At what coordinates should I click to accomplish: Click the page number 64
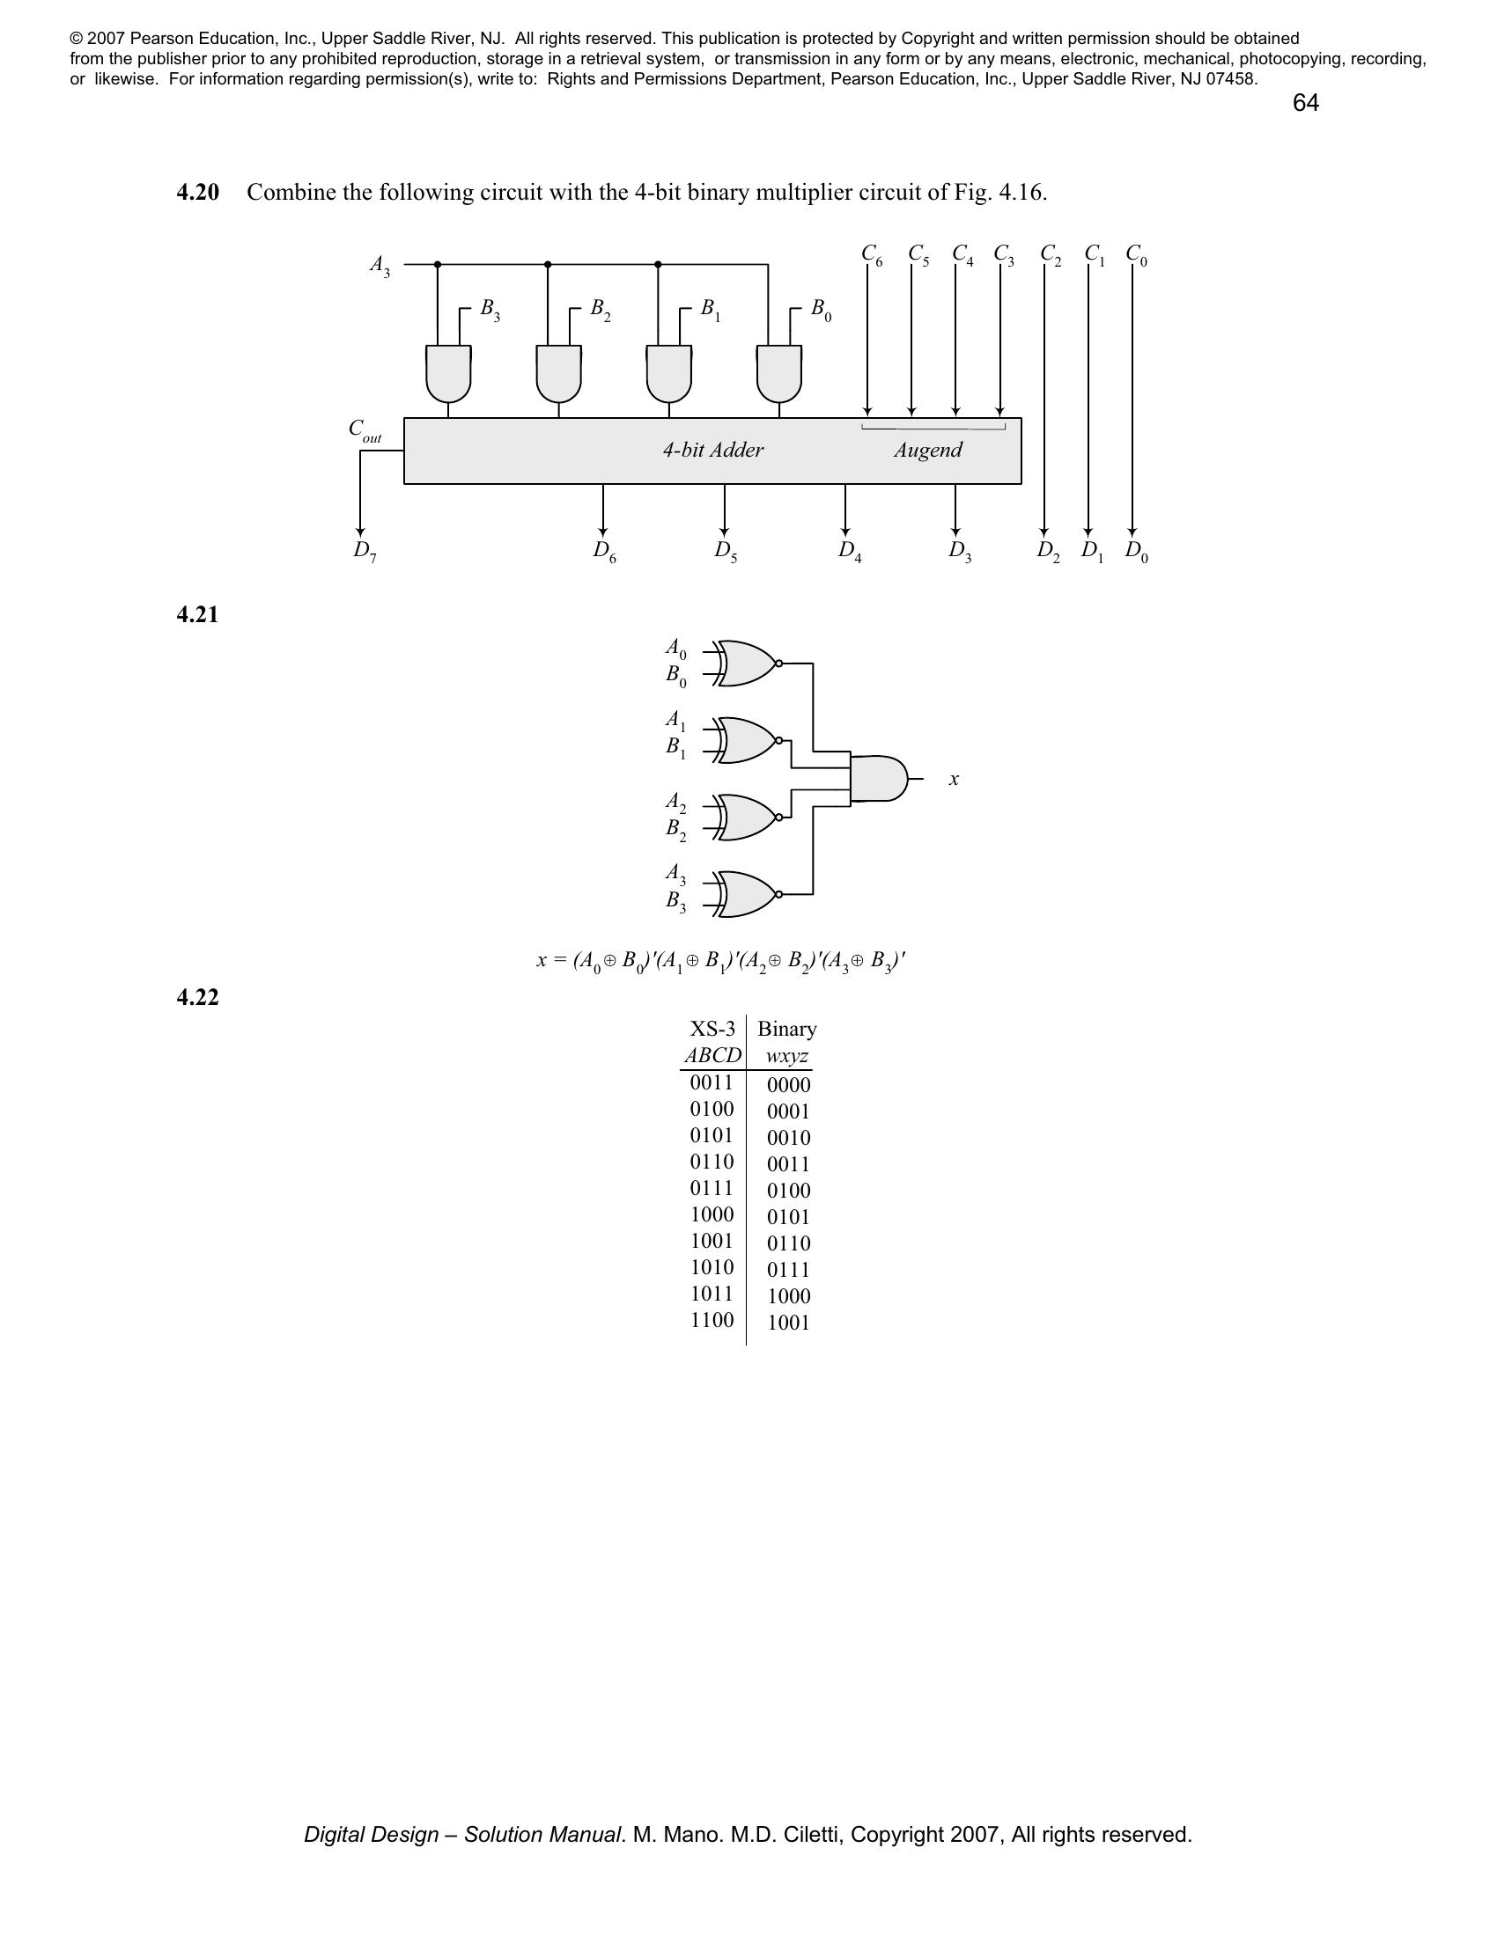[1305, 104]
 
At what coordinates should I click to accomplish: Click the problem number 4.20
[198, 193]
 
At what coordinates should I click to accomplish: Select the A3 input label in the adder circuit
[380, 266]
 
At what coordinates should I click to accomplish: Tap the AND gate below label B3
[448, 373]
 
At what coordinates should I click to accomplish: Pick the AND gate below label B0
[778, 373]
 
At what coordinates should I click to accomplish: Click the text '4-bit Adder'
[712, 451]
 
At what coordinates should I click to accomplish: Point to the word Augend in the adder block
[927, 451]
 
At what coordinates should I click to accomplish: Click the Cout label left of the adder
[365, 431]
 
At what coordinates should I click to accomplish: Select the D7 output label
[365, 551]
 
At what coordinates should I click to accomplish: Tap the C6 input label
[872, 254]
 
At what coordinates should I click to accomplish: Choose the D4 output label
[850, 551]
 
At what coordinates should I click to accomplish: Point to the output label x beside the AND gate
[955, 779]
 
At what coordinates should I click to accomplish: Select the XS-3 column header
[712, 1028]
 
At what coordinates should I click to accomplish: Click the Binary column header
[786, 1028]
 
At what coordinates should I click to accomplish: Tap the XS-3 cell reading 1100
[712, 1320]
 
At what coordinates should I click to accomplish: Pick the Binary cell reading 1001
[788, 1323]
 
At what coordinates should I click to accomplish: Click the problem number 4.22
[198, 998]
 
